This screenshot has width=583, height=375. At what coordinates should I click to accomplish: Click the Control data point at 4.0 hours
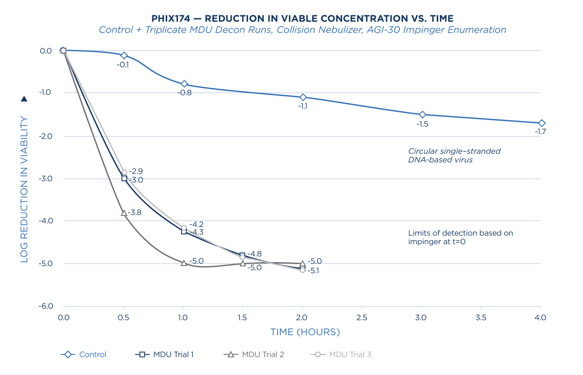click(542, 123)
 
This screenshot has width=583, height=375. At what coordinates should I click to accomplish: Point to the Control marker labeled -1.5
click(422, 114)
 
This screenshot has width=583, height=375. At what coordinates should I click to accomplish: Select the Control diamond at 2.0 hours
click(303, 97)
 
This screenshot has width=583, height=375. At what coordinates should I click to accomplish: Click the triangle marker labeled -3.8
click(124, 213)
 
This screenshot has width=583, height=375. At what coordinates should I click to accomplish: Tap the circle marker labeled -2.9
click(124, 172)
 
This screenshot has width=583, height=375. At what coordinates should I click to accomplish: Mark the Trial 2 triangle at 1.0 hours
click(184, 263)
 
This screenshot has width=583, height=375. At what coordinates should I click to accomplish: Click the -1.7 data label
click(540, 132)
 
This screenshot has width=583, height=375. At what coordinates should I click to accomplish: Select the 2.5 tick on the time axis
click(362, 317)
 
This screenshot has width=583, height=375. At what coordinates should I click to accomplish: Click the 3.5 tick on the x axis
click(481, 317)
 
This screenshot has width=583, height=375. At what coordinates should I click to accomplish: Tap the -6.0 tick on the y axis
click(45, 307)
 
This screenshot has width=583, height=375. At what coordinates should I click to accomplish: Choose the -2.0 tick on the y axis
click(45, 136)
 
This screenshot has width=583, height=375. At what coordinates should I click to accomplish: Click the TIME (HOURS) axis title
click(305, 332)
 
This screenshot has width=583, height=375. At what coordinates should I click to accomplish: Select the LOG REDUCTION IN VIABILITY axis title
click(24, 189)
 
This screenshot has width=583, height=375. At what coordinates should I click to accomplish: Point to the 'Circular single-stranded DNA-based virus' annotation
click(454, 155)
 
